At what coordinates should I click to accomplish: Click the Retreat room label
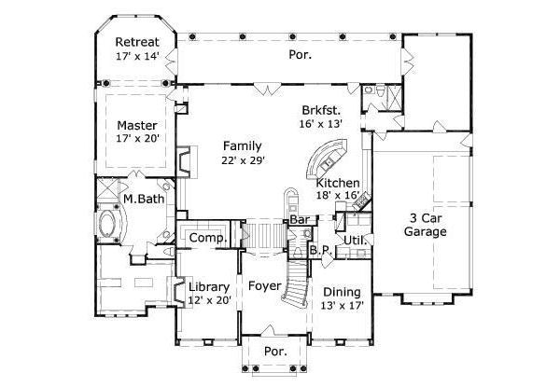[137, 42]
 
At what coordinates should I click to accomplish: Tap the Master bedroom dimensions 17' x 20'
[137, 138]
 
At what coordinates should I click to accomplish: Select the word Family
[243, 146]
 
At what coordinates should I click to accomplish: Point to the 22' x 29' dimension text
[243, 160]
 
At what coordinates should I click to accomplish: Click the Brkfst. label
[321, 110]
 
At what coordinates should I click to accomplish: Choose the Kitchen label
[338, 183]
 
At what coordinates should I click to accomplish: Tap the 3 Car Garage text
[425, 225]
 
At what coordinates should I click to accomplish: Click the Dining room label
[342, 293]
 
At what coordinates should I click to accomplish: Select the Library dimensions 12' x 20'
[210, 300]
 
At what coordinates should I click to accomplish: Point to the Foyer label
[265, 286]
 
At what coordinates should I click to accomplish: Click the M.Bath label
[144, 199]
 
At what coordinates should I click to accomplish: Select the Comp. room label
[208, 238]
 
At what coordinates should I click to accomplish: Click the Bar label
[300, 220]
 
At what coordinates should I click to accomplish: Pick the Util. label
[356, 241]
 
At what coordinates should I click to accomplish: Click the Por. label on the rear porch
[300, 55]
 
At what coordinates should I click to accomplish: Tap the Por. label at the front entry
[275, 352]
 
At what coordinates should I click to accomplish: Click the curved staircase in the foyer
[296, 282]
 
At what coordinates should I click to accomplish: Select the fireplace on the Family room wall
[187, 162]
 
